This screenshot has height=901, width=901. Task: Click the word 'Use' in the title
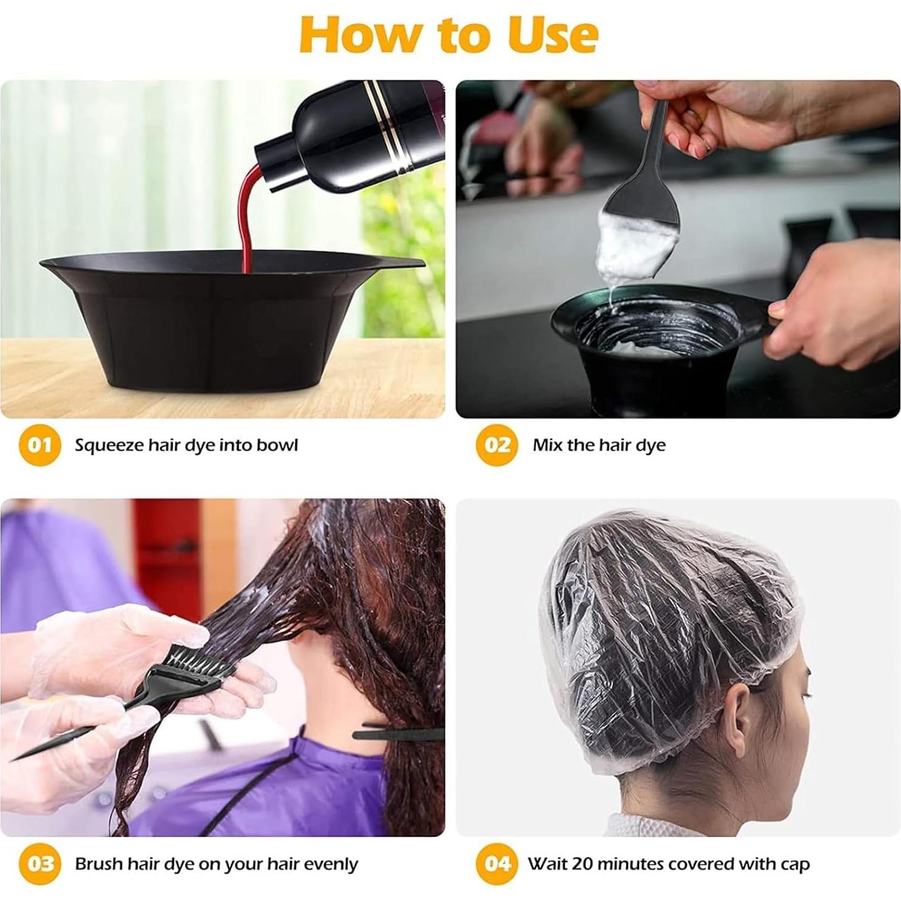click(x=552, y=36)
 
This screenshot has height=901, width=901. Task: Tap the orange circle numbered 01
click(x=39, y=445)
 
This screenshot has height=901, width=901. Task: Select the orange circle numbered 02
click(x=497, y=445)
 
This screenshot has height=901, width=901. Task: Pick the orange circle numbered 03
click(x=39, y=864)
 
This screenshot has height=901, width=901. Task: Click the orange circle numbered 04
click(x=497, y=864)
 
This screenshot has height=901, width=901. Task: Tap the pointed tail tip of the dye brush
click(x=19, y=757)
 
